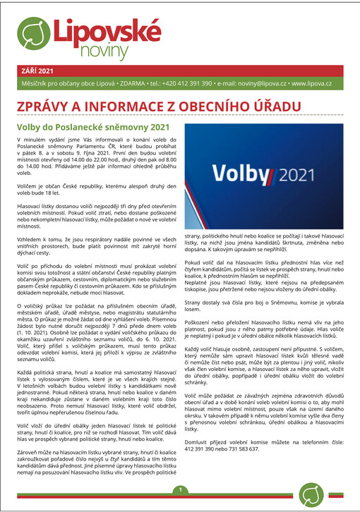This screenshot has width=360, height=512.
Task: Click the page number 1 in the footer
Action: click(x=180, y=491)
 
